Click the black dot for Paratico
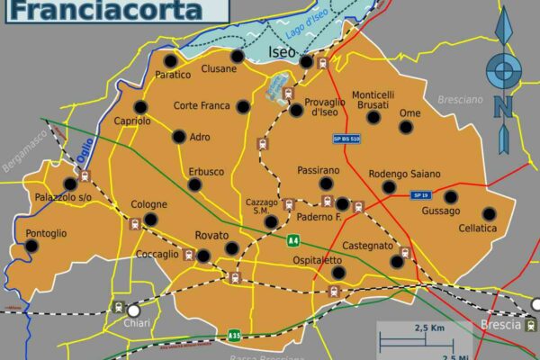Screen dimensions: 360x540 coord(170,60)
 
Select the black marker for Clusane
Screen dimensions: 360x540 coord(238,56)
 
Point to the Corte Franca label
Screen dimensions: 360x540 coord(202,105)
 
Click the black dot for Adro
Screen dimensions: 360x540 coord(179,137)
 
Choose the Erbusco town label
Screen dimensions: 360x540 coord(206,171)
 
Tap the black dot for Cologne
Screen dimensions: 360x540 coord(150,219)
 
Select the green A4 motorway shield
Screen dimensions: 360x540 coord(293,240)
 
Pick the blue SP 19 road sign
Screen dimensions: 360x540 coord(419,195)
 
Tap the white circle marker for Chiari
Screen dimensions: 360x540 coord(134,310)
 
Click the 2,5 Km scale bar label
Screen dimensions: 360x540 coord(431,328)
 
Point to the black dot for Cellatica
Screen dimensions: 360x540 coord(489,214)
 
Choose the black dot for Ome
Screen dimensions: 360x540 coord(407,127)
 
